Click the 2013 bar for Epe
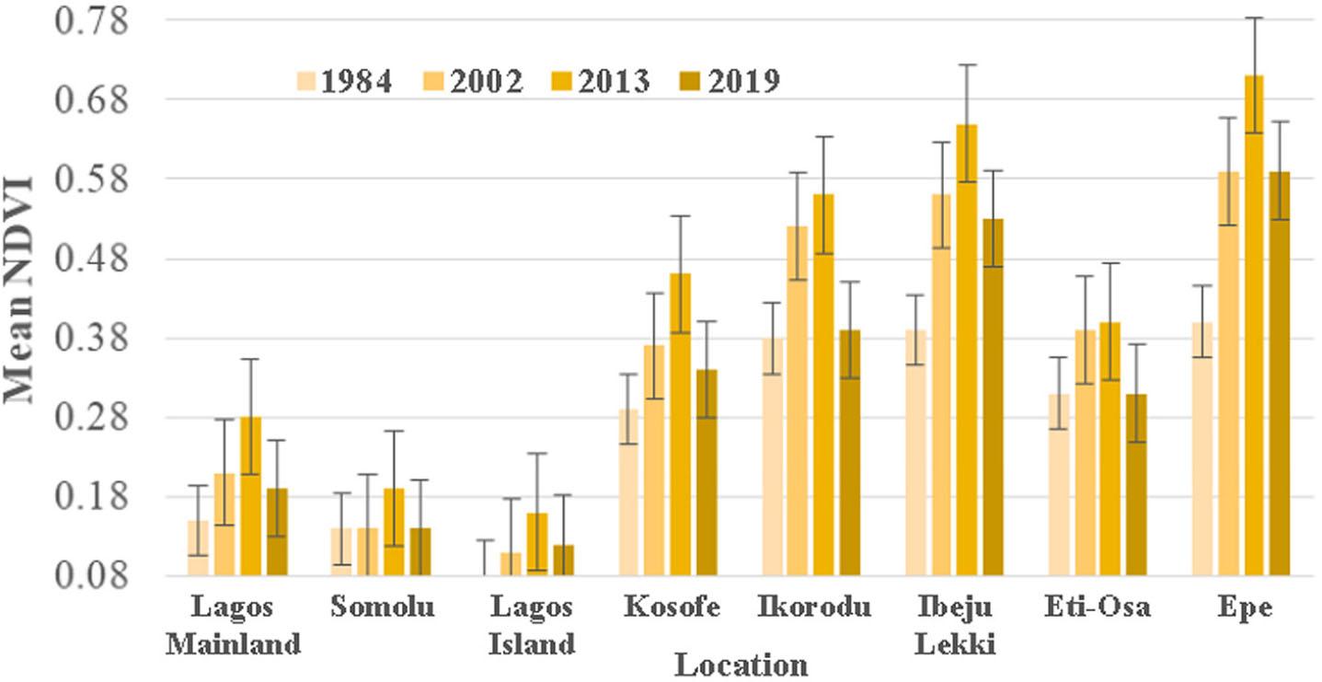[1254, 326]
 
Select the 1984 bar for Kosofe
[628, 492]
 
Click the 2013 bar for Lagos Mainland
[250, 496]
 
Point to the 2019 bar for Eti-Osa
[1137, 485]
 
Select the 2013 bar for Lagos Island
[536, 545]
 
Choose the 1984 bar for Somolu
[341, 552]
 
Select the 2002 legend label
[487, 82]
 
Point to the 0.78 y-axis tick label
[92, 20]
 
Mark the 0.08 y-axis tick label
[92, 577]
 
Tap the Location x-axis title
[741, 665]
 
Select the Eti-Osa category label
[1098, 608]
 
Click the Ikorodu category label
[814, 608]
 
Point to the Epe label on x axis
[1242, 608]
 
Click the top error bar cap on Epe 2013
[1254, 17]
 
